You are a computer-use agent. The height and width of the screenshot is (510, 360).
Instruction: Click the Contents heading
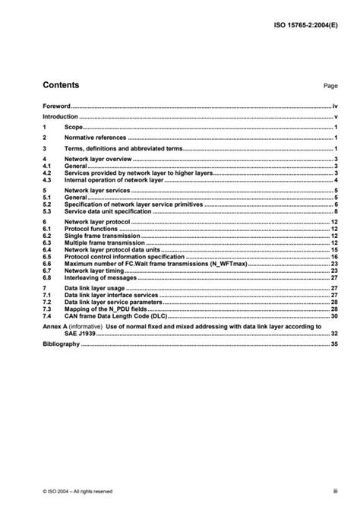tap(60, 85)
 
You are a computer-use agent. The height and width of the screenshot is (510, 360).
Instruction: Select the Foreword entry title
tap(56, 106)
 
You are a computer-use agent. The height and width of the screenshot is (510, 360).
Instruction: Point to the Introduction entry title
tap(60, 117)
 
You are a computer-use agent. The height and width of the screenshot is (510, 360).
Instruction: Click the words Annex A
tap(55, 326)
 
